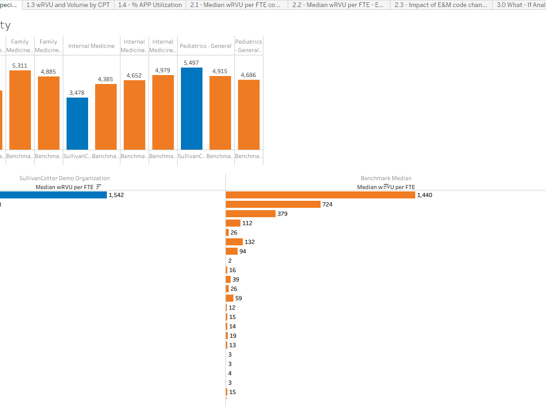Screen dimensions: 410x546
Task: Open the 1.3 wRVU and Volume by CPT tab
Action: click(x=68, y=5)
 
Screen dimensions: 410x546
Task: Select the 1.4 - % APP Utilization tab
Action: click(x=150, y=5)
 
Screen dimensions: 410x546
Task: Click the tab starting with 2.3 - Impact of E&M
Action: click(x=441, y=5)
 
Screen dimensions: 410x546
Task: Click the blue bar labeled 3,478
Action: click(x=77, y=124)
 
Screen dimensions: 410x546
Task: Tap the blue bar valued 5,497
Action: click(x=192, y=109)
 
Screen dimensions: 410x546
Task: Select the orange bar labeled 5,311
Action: click(x=20, y=110)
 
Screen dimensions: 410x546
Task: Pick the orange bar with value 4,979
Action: click(x=163, y=113)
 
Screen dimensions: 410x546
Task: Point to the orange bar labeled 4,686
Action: click(x=249, y=115)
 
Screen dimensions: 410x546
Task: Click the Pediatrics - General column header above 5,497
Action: click(x=206, y=46)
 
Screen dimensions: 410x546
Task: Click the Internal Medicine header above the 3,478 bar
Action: click(x=91, y=46)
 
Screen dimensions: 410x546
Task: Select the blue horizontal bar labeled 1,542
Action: click(x=53, y=195)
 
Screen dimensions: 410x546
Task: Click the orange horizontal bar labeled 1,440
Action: click(x=320, y=195)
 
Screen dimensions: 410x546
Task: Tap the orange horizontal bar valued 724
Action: click(x=273, y=205)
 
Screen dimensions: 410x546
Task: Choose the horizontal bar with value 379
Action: click(x=250, y=214)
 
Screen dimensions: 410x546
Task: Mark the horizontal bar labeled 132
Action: click(x=234, y=242)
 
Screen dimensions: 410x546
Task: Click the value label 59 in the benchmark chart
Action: click(x=239, y=298)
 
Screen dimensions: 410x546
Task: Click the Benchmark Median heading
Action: click(x=386, y=178)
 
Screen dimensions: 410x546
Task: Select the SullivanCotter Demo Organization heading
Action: click(x=65, y=178)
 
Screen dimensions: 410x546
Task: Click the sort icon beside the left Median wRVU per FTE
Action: click(x=98, y=187)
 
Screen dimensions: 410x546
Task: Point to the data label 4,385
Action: click(x=106, y=79)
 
